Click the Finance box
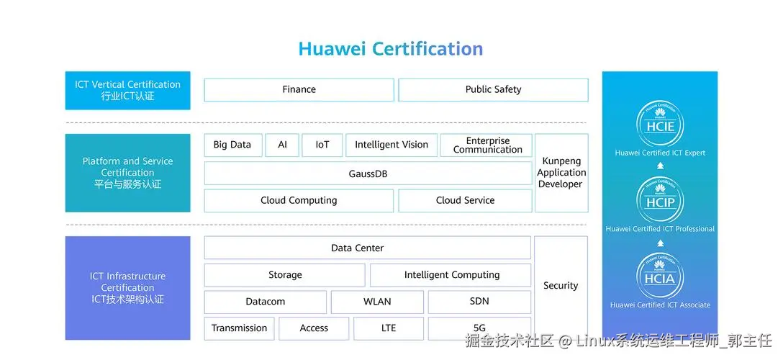(299, 90)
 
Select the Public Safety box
(493, 90)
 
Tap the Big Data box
(232, 145)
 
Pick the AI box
(282, 145)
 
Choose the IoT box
(322, 145)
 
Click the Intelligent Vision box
(391, 145)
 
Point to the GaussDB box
(368, 174)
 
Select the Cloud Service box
(465, 201)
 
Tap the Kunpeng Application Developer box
(562, 173)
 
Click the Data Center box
(368, 248)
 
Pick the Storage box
(285, 275)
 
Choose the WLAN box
(377, 302)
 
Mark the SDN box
(479, 302)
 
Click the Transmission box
(239, 328)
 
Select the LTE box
(389, 328)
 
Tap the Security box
(561, 286)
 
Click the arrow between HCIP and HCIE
(660, 166)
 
